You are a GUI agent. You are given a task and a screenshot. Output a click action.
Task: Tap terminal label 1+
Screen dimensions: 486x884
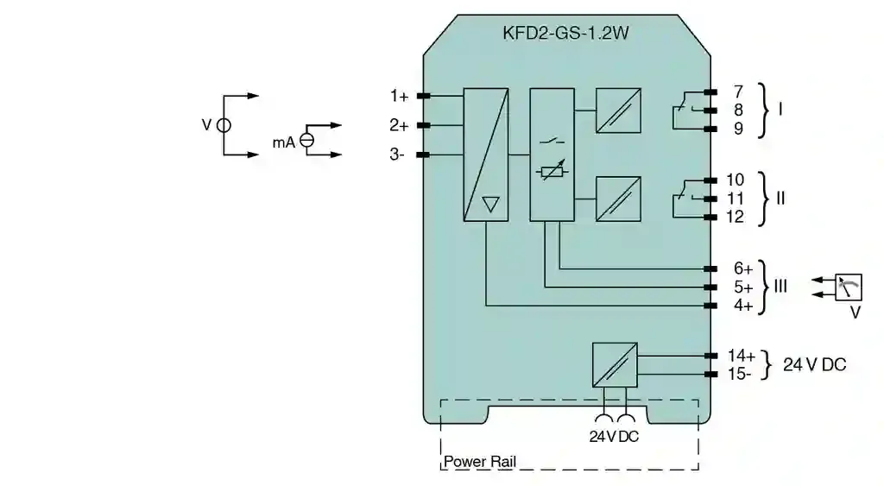pyautogui.click(x=399, y=96)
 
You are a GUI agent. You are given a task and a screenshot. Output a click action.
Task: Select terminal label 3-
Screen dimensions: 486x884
pyautogui.click(x=397, y=155)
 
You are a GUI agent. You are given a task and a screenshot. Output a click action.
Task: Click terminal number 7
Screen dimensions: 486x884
pyautogui.click(x=737, y=92)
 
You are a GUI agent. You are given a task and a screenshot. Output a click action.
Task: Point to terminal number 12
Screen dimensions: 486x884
pyautogui.click(x=735, y=217)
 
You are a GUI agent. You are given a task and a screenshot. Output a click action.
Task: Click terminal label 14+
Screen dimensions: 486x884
pyautogui.click(x=741, y=356)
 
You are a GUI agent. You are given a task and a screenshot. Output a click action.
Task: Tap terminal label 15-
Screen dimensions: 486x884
pyautogui.click(x=740, y=374)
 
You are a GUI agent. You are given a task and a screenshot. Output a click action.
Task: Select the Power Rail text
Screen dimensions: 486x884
pyautogui.click(x=480, y=462)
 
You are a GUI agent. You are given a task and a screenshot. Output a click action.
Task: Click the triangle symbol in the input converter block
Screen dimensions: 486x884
pyautogui.click(x=490, y=205)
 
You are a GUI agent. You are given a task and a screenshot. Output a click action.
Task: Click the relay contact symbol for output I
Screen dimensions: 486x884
pyautogui.click(x=683, y=110)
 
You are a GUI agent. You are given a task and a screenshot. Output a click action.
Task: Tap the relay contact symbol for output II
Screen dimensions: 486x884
pyautogui.click(x=683, y=199)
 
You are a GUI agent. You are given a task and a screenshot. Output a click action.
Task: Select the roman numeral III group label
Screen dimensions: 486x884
pyautogui.click(x=780, y=286)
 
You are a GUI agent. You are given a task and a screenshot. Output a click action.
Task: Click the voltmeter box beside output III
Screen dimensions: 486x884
pyautogui.click(x=849, y=287)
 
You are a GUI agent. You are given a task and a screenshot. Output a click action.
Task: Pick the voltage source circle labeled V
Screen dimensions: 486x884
pyautogui.click(x=224, y=125)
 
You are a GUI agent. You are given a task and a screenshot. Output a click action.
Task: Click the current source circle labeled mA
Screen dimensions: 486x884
pyautogui.click(x=306, y=141)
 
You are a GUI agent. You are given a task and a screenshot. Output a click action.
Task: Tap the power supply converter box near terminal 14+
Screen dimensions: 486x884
pyautogui.click(x=615, y=364)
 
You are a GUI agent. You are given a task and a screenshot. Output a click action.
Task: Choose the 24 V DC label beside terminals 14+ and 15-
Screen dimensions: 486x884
pyautogui.click(x=814, y=364)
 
